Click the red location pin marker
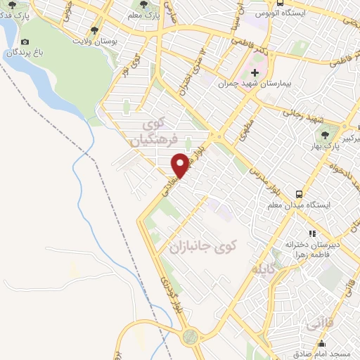(x=180, y=165)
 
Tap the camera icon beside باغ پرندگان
(x=26, y=41)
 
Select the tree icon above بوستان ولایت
(x=95, y=30)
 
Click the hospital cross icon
(x=255, y=72)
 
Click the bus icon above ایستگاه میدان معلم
(x=300, y=194)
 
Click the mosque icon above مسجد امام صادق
(x=322, y=345)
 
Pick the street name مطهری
(x=249, y=131)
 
